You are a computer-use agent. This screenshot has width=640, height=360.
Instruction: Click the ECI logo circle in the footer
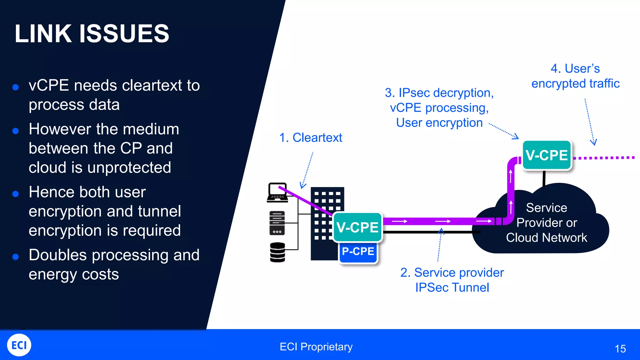click(19, 345)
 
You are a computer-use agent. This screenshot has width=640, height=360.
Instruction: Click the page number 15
click(620, 349)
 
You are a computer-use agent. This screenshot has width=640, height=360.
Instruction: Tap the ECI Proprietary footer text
click(316, 347)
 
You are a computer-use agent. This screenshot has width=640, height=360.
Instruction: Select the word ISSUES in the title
click(124, 33)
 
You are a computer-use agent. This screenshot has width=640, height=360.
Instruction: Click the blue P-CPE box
click(358, 252)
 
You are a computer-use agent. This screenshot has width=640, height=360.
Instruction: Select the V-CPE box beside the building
click(357, 227)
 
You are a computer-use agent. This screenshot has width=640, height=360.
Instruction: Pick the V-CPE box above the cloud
click(547, 155)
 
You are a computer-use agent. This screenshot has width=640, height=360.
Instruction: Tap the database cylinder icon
click(277, 252)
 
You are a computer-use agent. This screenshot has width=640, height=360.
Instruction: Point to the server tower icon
click(277, 223)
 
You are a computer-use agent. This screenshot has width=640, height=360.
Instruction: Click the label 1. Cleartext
click(311, 137)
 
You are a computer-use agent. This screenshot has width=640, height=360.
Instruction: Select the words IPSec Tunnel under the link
click(452, 287)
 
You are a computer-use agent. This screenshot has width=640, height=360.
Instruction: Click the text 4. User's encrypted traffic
click(575, 76)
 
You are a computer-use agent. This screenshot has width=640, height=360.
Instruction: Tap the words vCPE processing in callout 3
click(439, 108)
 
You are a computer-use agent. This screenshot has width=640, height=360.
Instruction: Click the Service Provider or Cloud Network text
click(546, 222)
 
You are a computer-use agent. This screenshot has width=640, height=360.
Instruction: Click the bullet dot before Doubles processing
click(16, 257)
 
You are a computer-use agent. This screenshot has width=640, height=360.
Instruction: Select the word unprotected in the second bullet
click(129, 167)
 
